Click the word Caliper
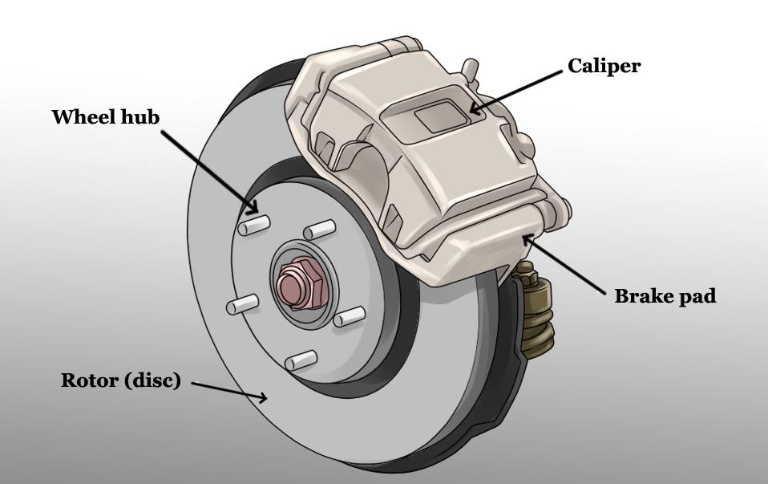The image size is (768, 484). pyautogui.click(x=604, y=66)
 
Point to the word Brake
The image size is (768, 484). pyautogui.click(x=641, y=296)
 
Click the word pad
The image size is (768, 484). pyautogui.click(x=694, y=297)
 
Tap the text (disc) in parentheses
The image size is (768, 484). pyautogui.click(x=152, y=381)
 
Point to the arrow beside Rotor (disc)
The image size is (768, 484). pyautogui.click(x=228, y=390)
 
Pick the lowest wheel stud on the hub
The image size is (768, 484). pyautogui.click(x=299, y=360)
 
